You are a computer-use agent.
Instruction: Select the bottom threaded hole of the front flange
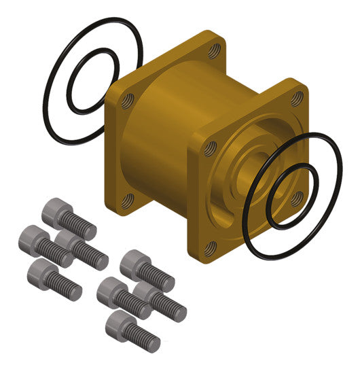211,247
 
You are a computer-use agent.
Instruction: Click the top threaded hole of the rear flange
214,51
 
